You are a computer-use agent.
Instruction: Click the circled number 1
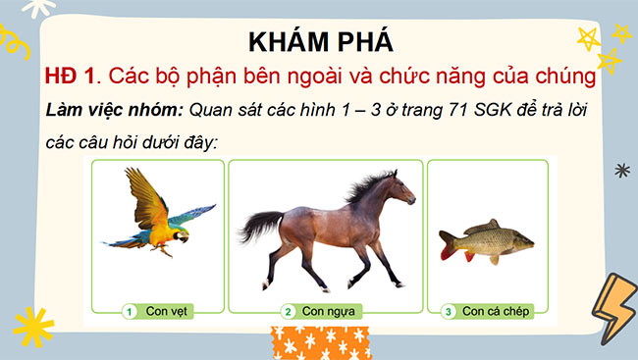[x=129, y=312]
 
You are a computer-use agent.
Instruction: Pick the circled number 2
[x=288, y=312]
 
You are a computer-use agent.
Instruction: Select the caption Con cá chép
[x=497, y=312]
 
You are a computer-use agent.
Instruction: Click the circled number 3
[x=449, y=312]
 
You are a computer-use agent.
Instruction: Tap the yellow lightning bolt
[x=613, y=303]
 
